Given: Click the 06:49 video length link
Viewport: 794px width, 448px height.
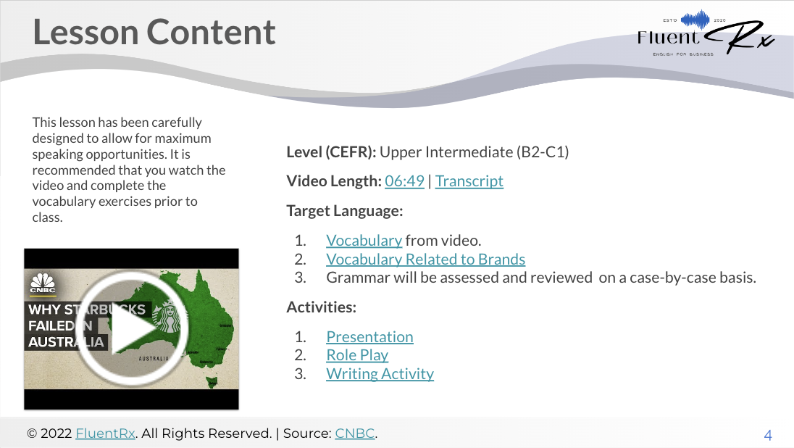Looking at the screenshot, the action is click(404, 181).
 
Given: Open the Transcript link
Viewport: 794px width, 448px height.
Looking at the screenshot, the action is click(469, 181).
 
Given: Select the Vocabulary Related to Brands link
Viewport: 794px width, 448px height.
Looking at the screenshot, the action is click(425, 259).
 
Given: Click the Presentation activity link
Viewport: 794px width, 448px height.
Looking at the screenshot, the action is click(369, 336).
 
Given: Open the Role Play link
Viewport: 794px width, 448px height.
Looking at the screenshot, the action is click(357, 354).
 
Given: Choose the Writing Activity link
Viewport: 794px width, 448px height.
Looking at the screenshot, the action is click(380, 373).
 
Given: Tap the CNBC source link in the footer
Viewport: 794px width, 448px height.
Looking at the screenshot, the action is click(354, 434).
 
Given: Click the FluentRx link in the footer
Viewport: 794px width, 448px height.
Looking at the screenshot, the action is click(105, 434).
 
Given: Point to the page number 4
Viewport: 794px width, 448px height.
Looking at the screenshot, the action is click(768, 436).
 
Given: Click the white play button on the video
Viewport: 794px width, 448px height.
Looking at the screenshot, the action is click(132, 328).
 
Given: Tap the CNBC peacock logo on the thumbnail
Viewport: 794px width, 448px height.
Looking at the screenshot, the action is click(43, 283).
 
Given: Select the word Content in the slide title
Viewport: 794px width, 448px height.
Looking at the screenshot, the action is click(211, 32).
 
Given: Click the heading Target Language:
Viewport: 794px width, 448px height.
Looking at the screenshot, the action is click(344, 211).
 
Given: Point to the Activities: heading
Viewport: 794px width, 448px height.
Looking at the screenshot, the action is click(322, 307).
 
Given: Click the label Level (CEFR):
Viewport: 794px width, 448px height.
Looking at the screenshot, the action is click(331, 152).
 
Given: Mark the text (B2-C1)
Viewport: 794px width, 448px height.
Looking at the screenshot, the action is click(543, 152).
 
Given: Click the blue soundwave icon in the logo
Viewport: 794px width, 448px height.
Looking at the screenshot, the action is click(695, 20).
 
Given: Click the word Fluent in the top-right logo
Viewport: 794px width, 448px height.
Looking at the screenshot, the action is click(668, 37).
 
